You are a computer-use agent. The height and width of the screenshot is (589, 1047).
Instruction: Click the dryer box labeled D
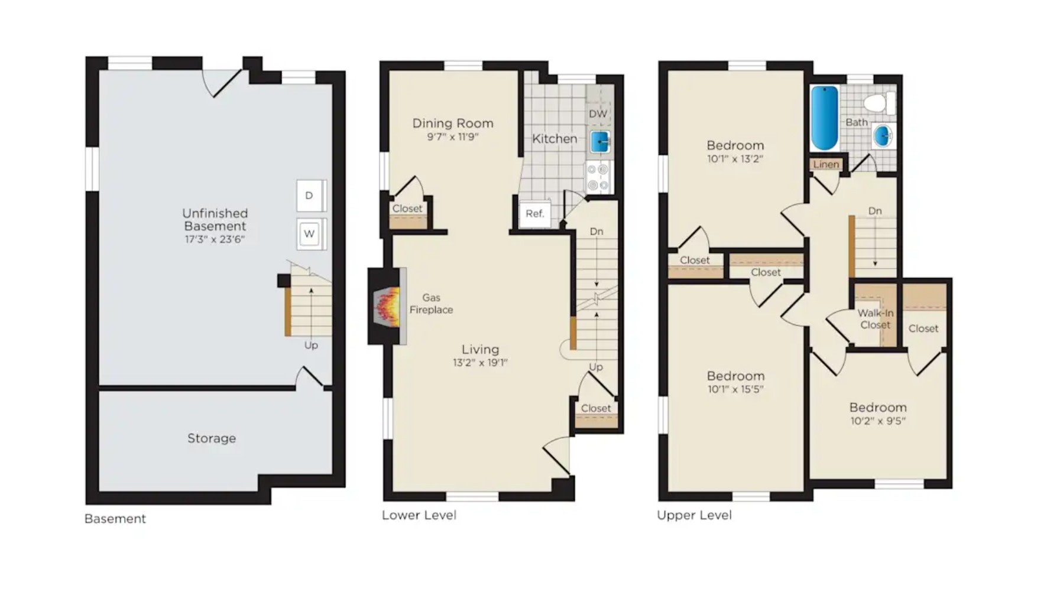(x=311, y=196)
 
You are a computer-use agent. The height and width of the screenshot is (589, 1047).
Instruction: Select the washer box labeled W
(x=311, y=234)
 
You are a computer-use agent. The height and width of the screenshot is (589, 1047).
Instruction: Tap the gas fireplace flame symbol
(x=388, y=305)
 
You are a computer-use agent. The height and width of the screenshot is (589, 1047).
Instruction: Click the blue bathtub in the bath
(x=824, y=118)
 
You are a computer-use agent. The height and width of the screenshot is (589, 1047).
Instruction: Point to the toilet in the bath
(x=879, y=103)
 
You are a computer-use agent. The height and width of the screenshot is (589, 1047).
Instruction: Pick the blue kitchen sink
(x=600, y=142)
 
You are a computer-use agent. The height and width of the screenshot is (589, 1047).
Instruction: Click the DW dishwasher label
(x=598, y=114)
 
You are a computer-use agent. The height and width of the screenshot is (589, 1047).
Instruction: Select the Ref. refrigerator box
(x=535, y=213)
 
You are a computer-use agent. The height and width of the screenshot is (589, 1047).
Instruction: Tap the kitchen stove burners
(x=598, y=177)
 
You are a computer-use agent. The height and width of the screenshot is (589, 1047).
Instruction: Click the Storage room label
(x=212, y=438)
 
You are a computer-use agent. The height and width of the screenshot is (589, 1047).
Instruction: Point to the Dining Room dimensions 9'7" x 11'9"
(x=453, y=137)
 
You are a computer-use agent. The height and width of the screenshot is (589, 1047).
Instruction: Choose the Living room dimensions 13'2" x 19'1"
(x=480, y=363)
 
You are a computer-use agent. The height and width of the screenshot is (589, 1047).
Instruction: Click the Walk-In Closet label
(x=876, y=319)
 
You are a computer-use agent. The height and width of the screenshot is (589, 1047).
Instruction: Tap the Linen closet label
(x=826, y=164)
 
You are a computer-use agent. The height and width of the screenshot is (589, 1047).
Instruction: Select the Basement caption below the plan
(x=115, y=519)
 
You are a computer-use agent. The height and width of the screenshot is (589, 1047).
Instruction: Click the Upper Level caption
(x=694, y=515)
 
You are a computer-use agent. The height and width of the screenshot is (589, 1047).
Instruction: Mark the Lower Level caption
(x=419, y=515)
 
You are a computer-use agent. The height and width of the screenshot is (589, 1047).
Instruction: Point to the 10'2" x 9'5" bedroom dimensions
(x=878, y=421)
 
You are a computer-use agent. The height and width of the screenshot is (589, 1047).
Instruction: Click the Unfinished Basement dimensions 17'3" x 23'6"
(x=215, y=239)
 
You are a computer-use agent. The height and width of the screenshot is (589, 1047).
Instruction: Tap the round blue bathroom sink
(x=882, y=136)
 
